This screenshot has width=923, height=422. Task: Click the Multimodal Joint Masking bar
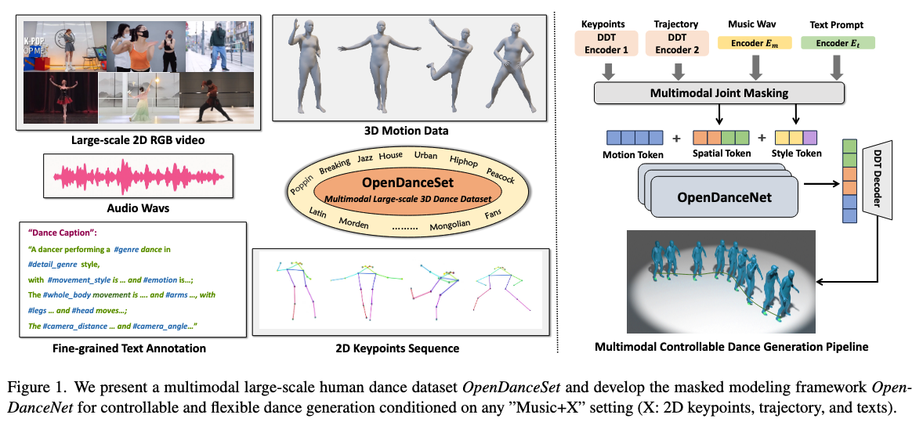pyautogui.click(x=719, y=93)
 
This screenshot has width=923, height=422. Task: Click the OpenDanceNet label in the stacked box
pyautogui.click(x=724, y=197)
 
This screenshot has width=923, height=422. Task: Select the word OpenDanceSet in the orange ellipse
pyautogui.click(x=401, y=183)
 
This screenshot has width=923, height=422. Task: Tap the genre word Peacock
pyautogui.click(x=500, y=176)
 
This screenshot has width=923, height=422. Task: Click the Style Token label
pyautogui.click(x=797, y=153)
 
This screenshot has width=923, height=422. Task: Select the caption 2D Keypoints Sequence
pyautogui.click(x=403, y=348)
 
